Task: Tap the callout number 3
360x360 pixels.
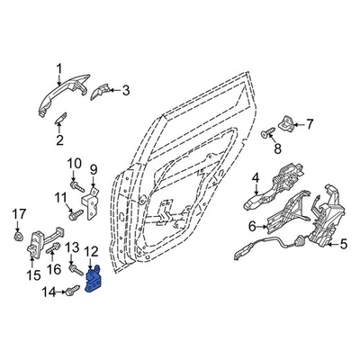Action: [126, 89]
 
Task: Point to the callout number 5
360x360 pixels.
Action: [343, 242]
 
